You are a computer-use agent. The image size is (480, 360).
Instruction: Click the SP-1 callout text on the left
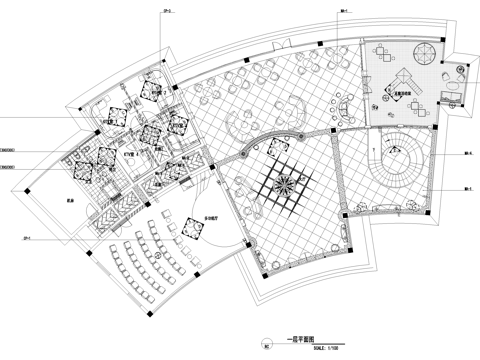coord(27,238)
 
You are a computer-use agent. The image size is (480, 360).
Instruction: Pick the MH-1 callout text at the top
coord(342,13)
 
